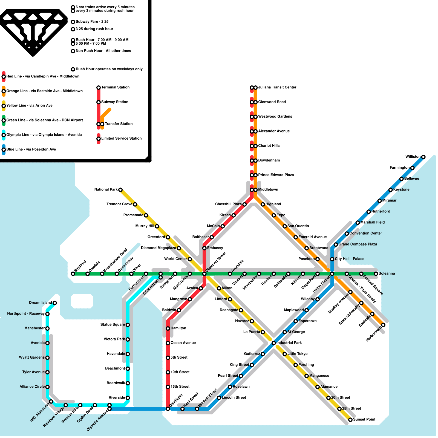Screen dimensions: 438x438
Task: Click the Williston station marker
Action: coord(423,157)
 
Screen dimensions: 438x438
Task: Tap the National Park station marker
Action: coord(120,190)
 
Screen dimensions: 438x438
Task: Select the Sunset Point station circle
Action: coord(350,420)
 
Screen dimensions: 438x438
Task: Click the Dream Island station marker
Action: coord(55,303)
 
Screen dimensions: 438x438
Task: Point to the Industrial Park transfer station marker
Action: coord(273,343)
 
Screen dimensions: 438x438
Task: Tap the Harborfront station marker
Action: coord(383,325)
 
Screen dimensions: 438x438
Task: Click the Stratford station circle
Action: coord(73,274)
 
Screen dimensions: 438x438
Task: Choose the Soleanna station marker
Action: coord(376,274)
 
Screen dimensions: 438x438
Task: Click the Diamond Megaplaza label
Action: coord(158,248)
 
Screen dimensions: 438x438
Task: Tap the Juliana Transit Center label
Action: coord(277,87)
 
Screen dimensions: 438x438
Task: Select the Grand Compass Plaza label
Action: coord(358,244)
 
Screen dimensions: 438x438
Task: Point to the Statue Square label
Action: coord(113,325)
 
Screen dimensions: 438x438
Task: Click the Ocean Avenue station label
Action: coord(183,343)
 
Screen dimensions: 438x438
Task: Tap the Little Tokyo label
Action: coord(297,354)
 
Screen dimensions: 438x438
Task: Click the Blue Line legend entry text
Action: coord(31,149)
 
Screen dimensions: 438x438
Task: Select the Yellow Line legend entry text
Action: coord(29,106)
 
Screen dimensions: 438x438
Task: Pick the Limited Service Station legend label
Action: coord(121,139)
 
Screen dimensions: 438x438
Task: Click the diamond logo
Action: coord(33,31)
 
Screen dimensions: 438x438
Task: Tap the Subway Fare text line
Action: coord(92,22)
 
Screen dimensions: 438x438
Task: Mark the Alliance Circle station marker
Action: coord(47,387)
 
